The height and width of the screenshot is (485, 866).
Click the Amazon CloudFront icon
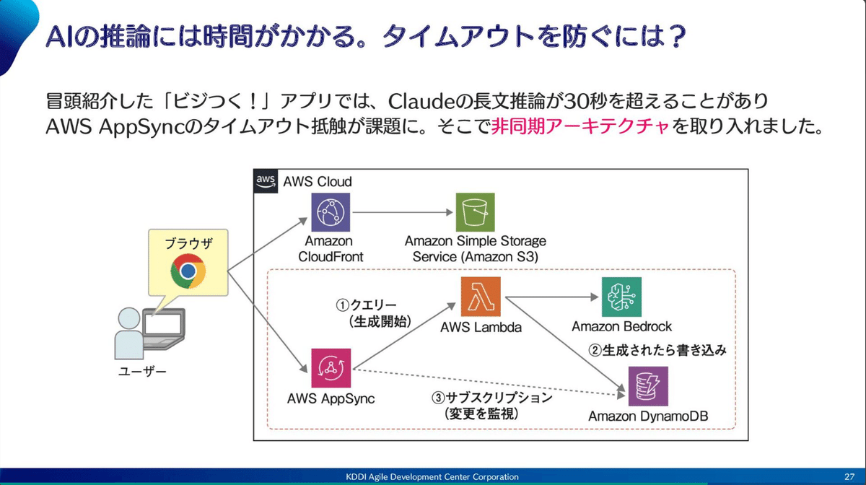pyautogui.click(x=330, y=212)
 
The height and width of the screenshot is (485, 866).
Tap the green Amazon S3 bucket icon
pyautogui.click(x=475, y=212)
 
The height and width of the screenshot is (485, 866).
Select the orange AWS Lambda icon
pyautogui.click(x=481, y=297)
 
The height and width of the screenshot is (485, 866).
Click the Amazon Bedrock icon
pyautogui.click(x=621, y=297)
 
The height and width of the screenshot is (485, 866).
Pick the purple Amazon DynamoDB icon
pyautogui.click(x=647, y=386)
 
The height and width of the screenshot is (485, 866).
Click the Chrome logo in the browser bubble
pyautogui.click(x=188, y=271)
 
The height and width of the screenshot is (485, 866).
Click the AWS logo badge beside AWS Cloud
pyautogui.click(x=267, y=181)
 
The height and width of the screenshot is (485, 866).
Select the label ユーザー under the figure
pyautogui.click(x=142, y=372)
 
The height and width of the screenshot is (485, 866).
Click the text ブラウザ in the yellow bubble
pyautogui.click(x=188, y=242)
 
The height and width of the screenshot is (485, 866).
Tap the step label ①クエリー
pyautogui.click(x=367, y=305)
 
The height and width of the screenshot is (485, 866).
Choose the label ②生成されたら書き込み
pyautogui.click(x=657, y=350)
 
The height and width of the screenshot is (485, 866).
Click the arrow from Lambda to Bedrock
pyautogui.click(x=552, y=296)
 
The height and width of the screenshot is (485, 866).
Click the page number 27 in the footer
pyautogui.click(x=849, y=477)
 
